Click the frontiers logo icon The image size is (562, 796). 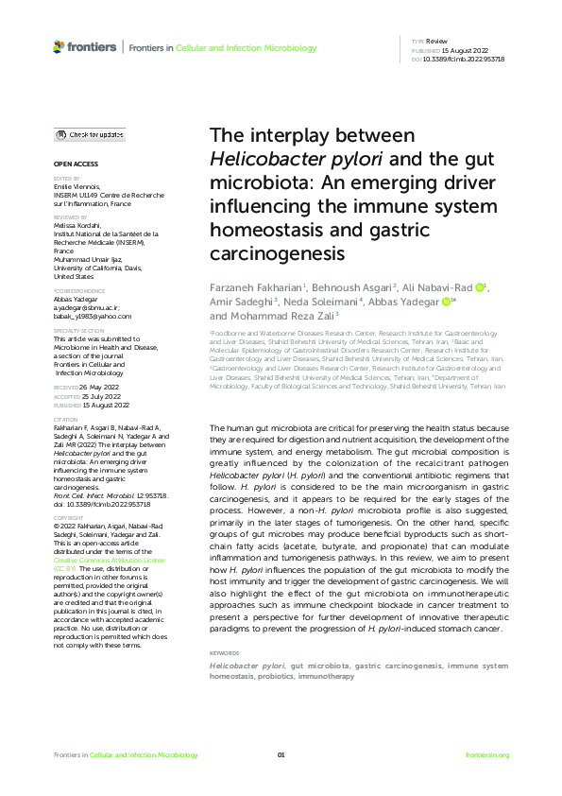point(59,46)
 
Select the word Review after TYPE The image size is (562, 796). point(436,42)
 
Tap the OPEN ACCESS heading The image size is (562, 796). point(73,164)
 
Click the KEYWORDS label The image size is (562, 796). point(225,653)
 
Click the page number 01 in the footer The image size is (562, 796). point(281,754)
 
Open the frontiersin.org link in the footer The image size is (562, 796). point(488,754)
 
